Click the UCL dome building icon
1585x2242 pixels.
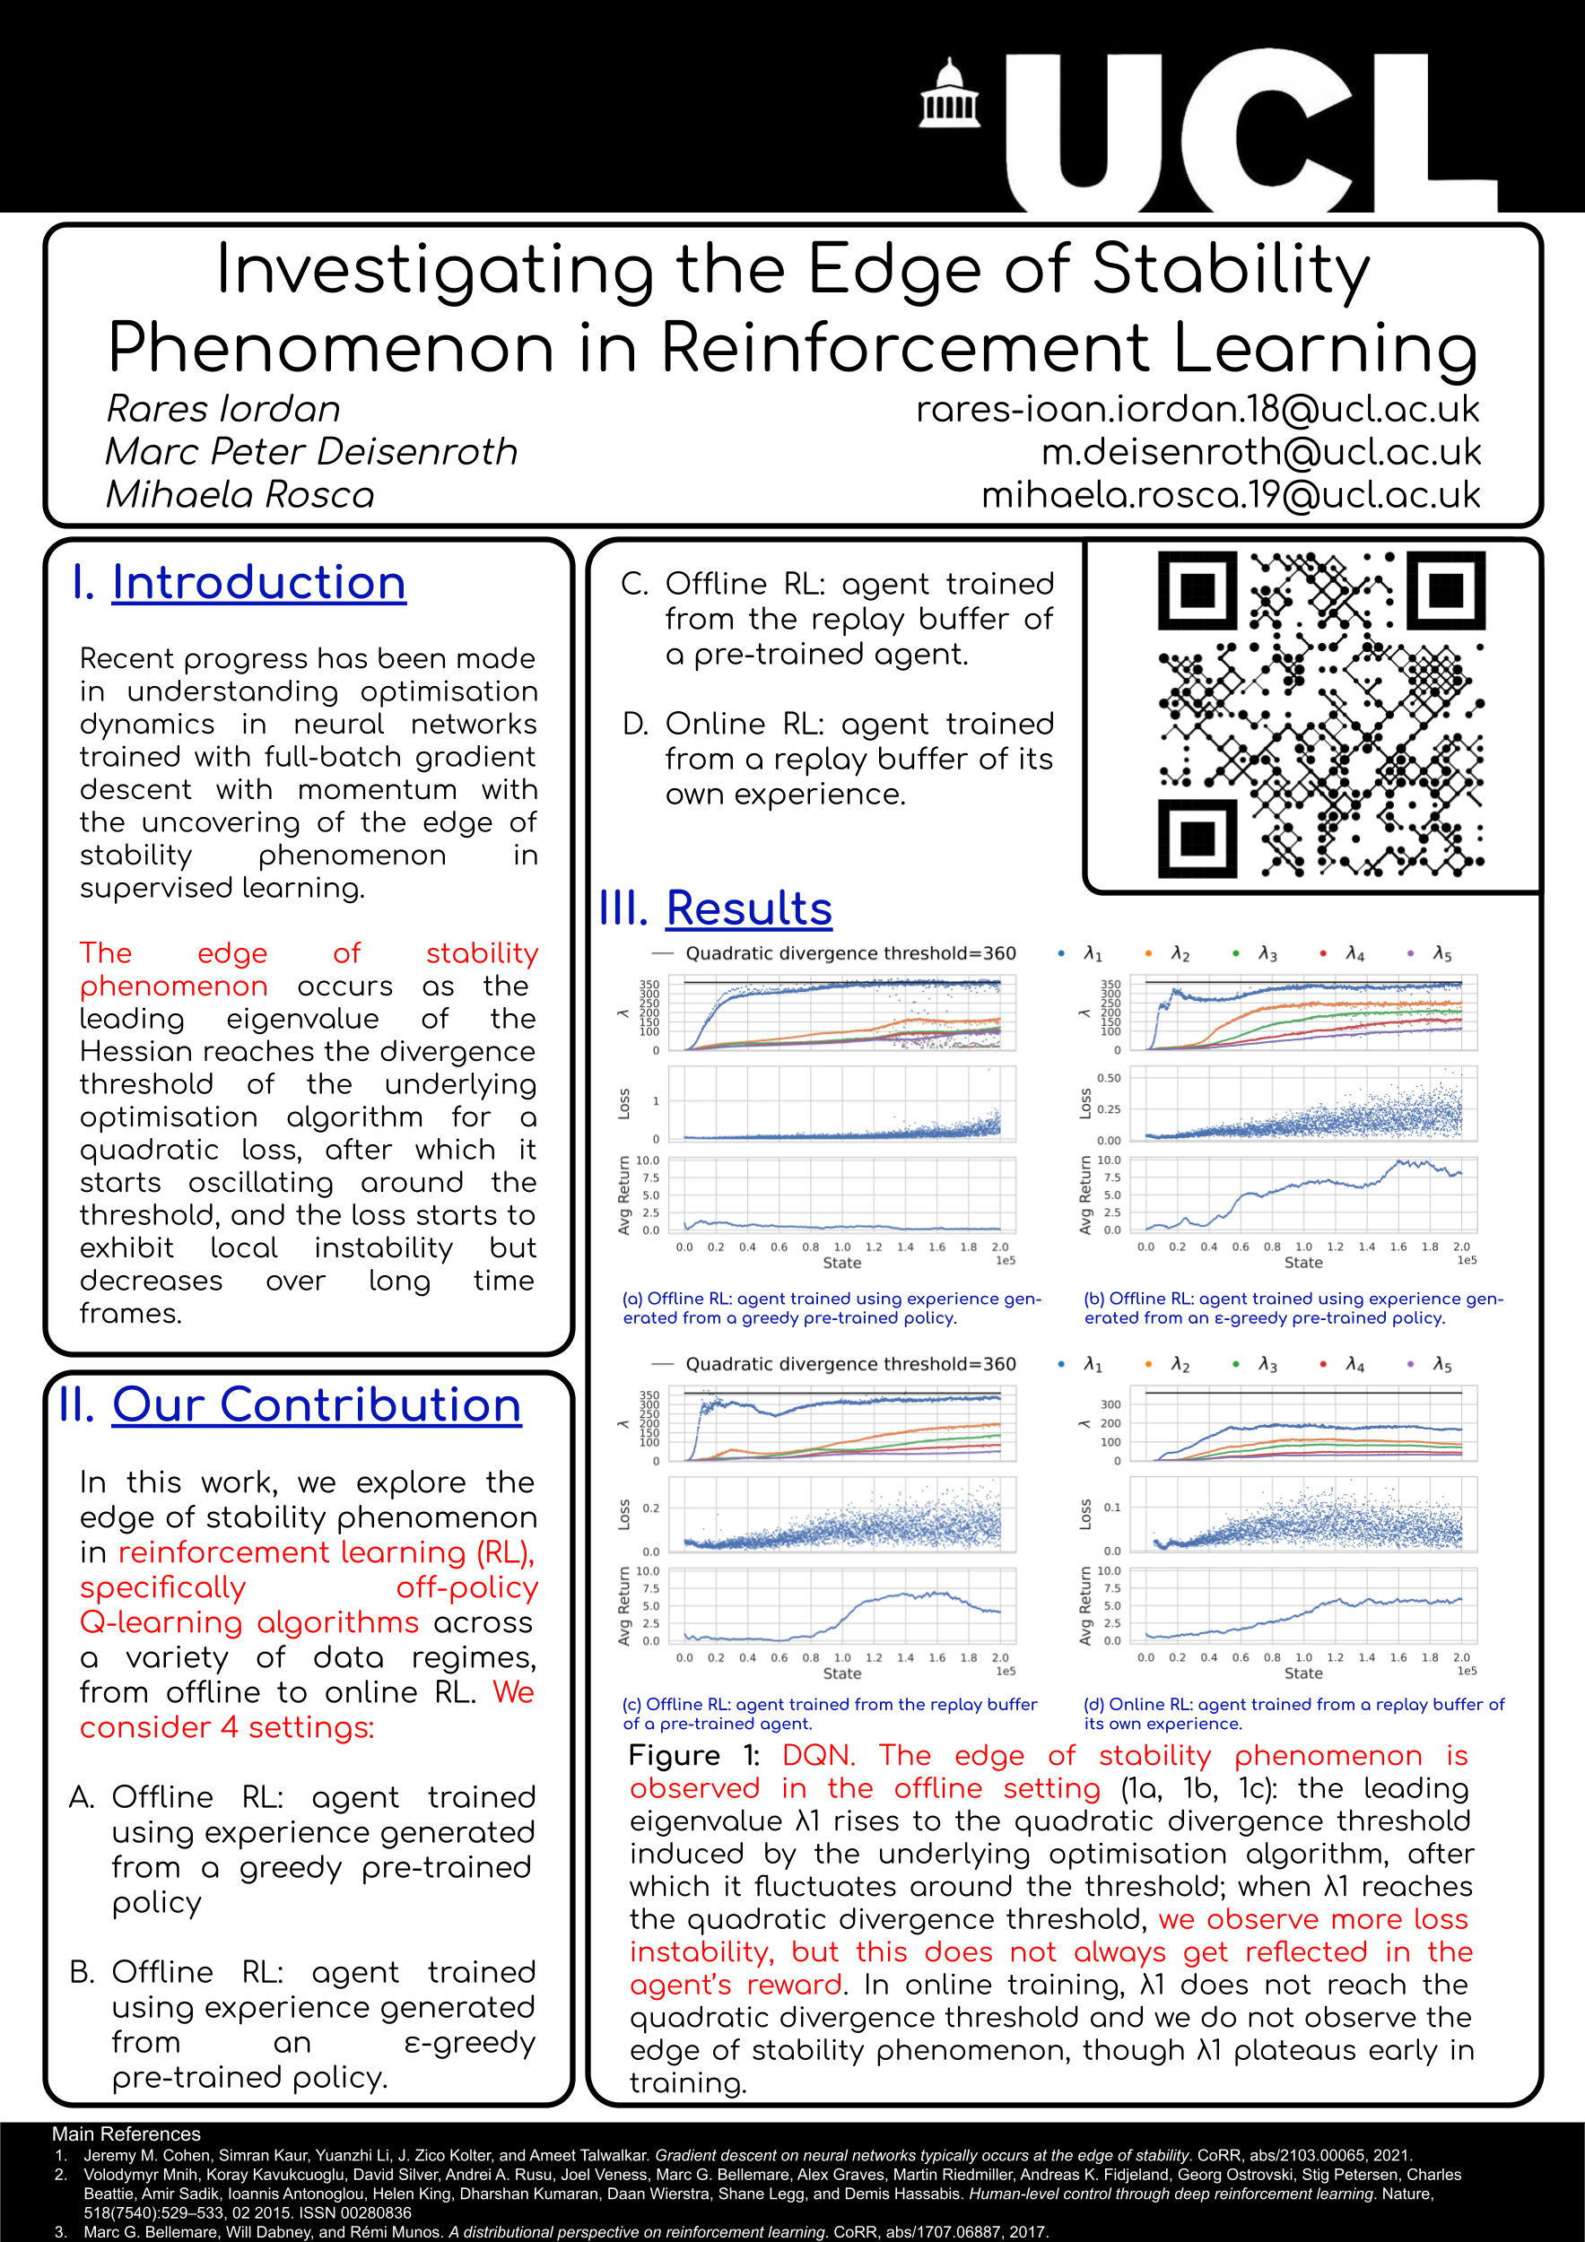click(x=949, y=95)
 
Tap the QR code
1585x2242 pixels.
click(x=1320, y=714)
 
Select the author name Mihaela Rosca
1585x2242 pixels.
click(x=240, y=495)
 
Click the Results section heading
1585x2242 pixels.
click(x=748, y=909)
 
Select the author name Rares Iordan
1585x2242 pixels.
click(x=223, y=409)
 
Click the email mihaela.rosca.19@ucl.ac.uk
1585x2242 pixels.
click(x=1231, y=495)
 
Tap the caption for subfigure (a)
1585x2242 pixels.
click(x=832, y=1308)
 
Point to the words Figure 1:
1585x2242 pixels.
click(x=694, y=1756)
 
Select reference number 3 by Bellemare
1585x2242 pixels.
click(x=564, y=2231)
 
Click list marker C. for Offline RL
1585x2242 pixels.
click(x=635, y=584)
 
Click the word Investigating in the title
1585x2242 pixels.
click(x=434, y=270)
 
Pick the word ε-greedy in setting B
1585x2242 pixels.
click(x=470, y=2043)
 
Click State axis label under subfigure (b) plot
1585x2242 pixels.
click(x=1302, y=1263)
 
